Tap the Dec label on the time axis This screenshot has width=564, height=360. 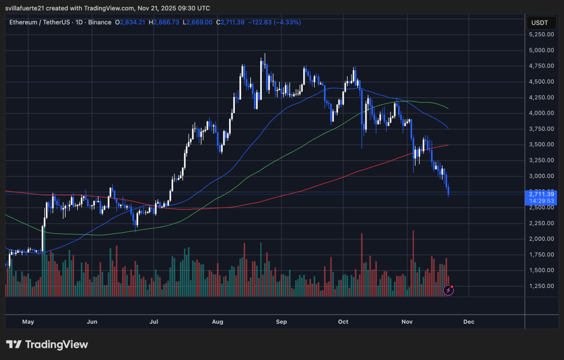(x=468, y=321)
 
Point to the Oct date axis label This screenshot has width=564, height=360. (x=343, y=321)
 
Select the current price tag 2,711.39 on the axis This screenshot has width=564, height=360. (x=541, y=194)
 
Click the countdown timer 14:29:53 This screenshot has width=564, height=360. (x=541, y=201)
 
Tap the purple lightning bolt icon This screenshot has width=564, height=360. (x=449, y=290)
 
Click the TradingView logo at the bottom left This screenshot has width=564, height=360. (x=47, y=344)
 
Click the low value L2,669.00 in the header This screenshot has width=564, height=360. (x=197, y=22)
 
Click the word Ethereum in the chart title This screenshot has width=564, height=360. (x=25, y=22)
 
